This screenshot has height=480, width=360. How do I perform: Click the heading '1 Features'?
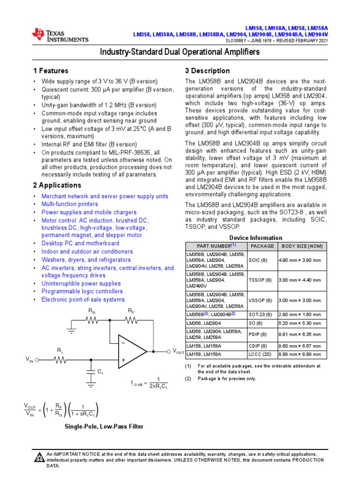51,71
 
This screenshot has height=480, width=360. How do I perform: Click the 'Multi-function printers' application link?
70,204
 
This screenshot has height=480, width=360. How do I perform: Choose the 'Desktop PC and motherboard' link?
80,244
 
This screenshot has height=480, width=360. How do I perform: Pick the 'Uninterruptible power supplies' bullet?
81,284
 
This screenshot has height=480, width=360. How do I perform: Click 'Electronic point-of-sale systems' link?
83,300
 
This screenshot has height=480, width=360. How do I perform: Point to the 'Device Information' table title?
255,238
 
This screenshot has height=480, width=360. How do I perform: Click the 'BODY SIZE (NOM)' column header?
301,246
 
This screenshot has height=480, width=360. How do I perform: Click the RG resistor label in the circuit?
92,311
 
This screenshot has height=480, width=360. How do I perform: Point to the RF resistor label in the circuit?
131,311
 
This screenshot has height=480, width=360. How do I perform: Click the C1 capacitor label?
100,372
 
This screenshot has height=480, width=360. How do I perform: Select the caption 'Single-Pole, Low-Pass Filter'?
104,427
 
